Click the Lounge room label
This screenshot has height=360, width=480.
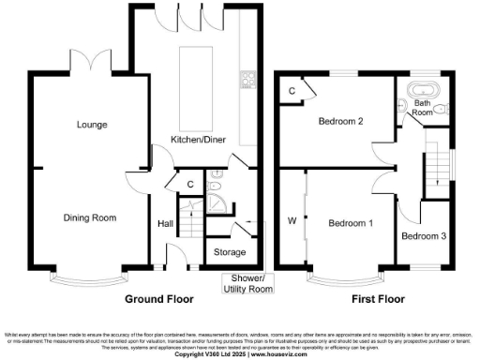[x=91, y=125]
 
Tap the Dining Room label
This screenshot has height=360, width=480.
[x=90, y=217]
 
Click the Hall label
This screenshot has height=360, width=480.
[x=165, y=223]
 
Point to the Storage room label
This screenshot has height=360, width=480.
[x=230, y=252]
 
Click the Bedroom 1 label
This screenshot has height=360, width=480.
[x=352, y=223]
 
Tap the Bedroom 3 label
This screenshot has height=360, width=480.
[x=425, y=235]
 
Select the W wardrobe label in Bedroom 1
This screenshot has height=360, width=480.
[x=292, y=222]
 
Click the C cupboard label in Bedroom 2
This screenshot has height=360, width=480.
[x=292, y=91]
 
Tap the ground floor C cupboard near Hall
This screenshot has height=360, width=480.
[x=189, y=185]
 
